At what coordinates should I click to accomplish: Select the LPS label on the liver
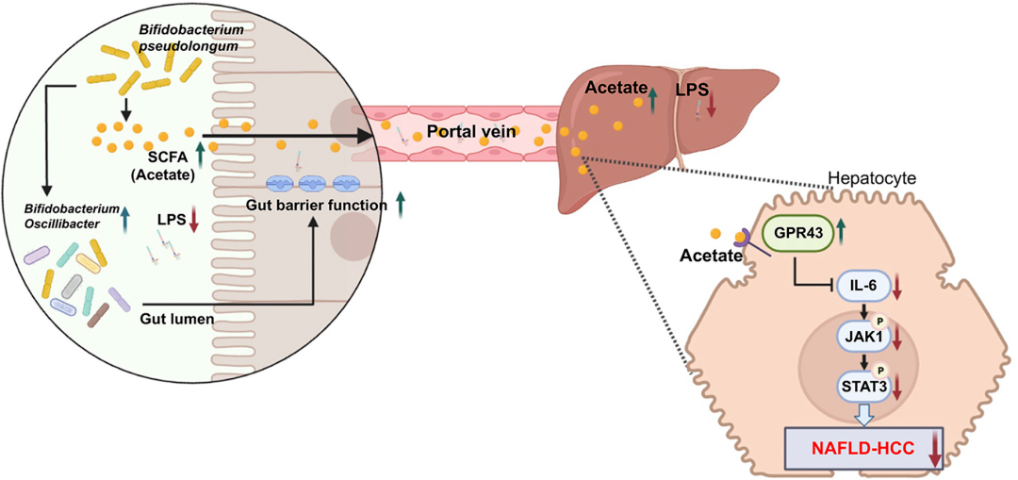tap(691, 90)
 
